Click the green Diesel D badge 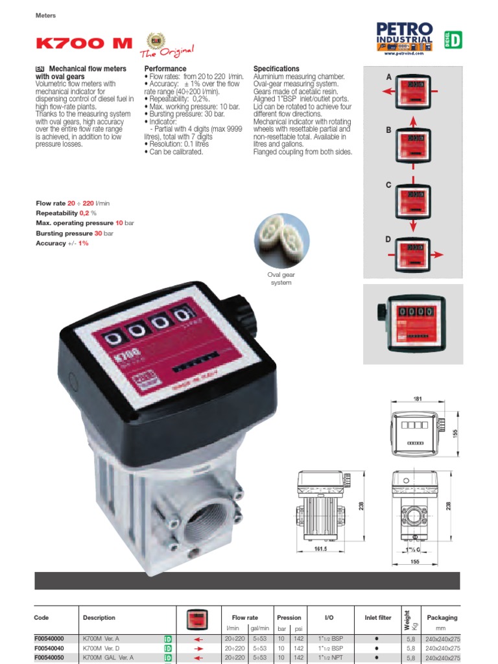[452, 40]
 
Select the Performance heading [165, 69]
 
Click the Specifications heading [276, 69]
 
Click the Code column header [41, 618]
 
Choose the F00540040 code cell [49, 648]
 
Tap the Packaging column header [442, 618]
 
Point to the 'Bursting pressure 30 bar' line [75, 233]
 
